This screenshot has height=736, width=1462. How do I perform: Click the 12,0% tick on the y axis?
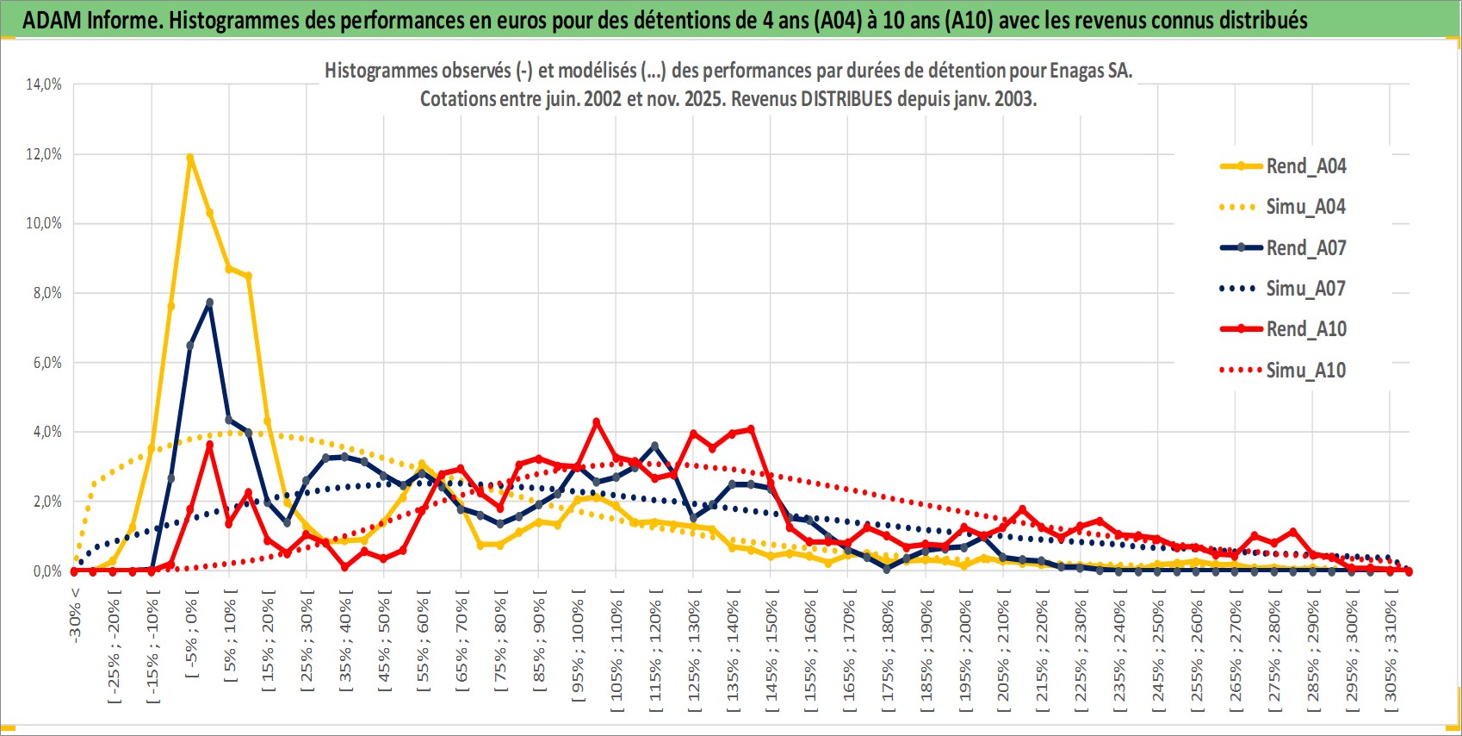(44, 154)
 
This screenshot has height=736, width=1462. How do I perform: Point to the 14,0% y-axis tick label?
(44, 84)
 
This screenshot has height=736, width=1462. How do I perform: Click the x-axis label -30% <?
(75, 615)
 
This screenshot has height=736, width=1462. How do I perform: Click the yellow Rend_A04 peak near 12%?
(190, 158)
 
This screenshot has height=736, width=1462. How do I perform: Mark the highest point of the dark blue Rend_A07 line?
(209, 303)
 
